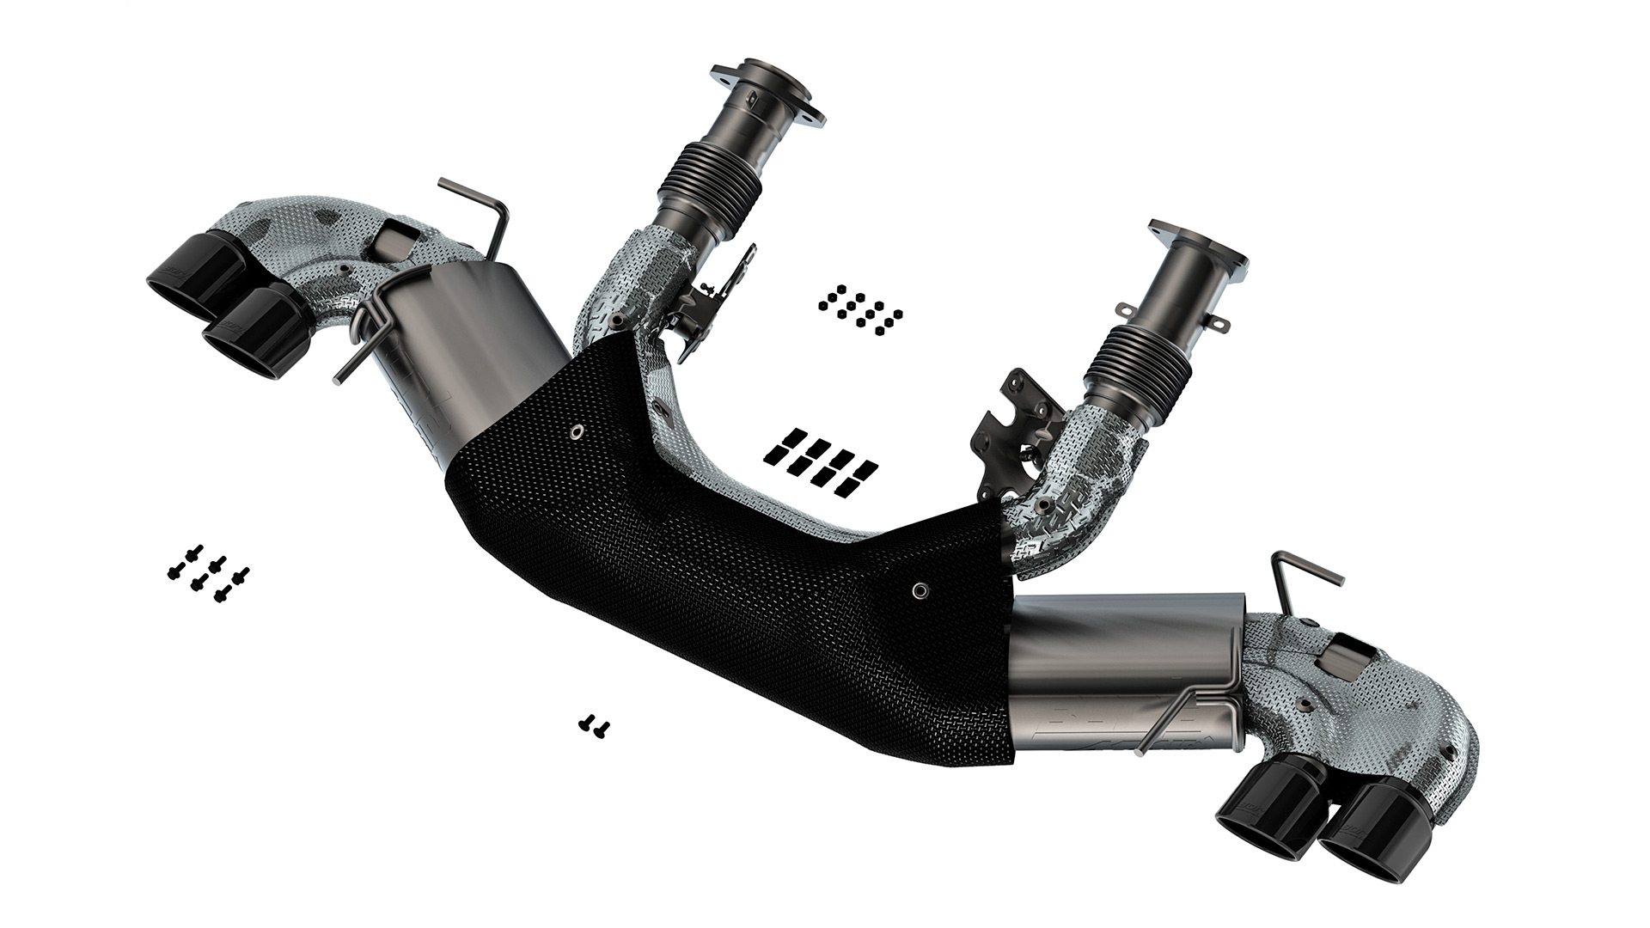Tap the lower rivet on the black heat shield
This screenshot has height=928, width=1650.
click(x=920, y=589)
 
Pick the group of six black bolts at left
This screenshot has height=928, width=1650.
click(x=207, y=571)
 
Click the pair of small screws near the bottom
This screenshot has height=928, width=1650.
click(x=594, y=725)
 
